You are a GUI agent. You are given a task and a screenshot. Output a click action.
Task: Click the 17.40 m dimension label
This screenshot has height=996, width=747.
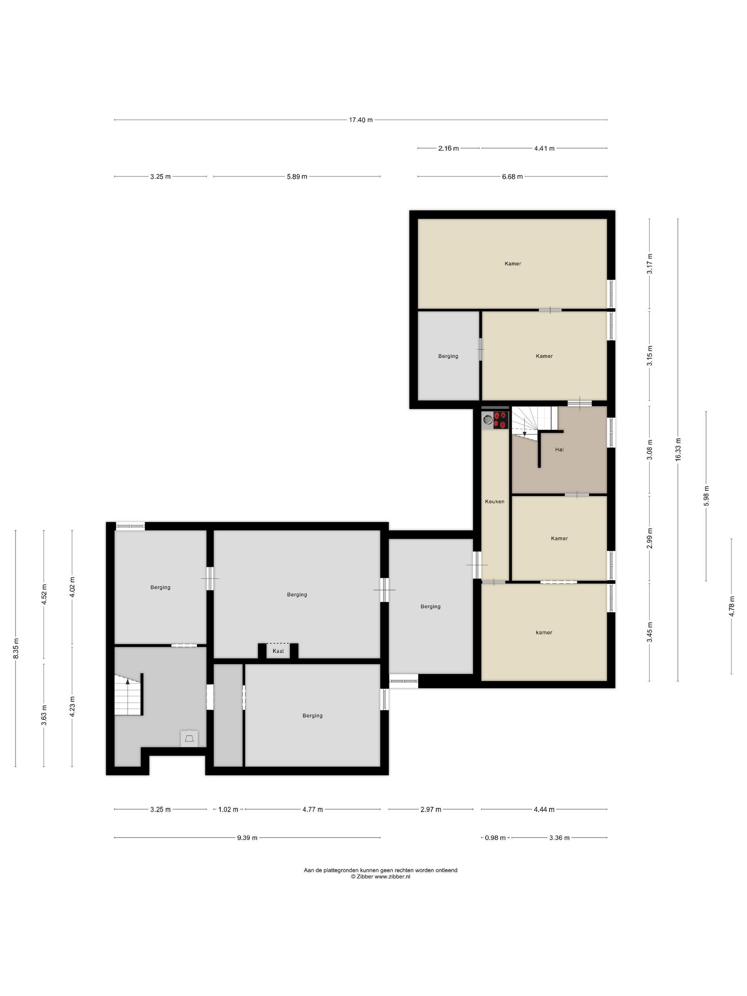tap(361, 120)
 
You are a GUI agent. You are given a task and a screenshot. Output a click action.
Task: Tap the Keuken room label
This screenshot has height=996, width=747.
tap(494, 501)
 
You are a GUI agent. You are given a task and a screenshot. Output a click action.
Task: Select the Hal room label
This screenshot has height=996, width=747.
tap(559, 449)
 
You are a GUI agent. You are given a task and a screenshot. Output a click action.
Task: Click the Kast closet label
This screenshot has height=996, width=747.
tap(278, 651)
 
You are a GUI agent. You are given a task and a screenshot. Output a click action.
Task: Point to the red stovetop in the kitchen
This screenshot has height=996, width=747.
tap(501, 420)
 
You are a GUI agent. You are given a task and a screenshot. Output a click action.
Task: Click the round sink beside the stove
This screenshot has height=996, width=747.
tap(488, 420)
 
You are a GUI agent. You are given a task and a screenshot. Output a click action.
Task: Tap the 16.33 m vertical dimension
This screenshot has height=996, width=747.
tap(678, 449)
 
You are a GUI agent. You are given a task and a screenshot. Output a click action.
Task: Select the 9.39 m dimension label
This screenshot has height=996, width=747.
tap(247, 837)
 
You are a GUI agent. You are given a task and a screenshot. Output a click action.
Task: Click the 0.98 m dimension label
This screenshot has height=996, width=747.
tap(495, 837)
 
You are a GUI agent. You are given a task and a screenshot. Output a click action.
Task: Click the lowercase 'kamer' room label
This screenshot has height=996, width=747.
tap(544, 632)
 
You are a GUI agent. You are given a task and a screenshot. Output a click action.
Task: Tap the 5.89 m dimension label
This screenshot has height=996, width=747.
tap(297, 176)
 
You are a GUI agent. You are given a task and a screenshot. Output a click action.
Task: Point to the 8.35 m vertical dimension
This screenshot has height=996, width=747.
tap(16, 648)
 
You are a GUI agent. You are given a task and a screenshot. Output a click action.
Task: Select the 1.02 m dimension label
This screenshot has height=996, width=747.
tap(228, 809)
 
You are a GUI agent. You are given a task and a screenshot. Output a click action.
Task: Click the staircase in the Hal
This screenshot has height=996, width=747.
tap(535, 421)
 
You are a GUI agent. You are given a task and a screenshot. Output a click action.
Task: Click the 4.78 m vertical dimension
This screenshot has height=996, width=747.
tap(732, 606)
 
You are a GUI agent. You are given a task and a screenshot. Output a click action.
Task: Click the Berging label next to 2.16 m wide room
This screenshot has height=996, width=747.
tap(448, 356)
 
